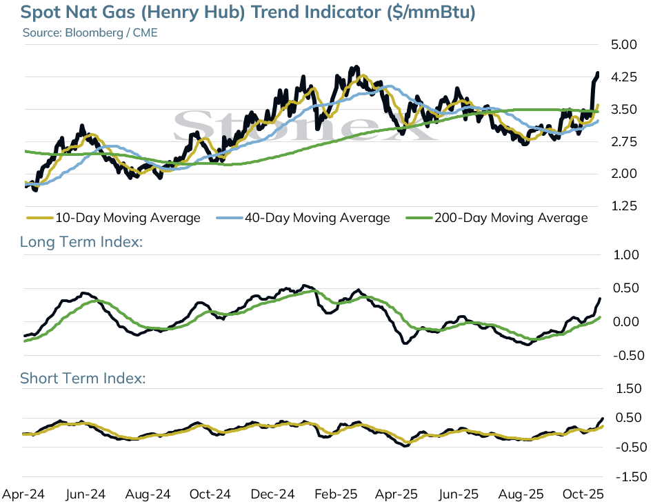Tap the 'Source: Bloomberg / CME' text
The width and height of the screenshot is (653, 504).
pyautogui.click(x=90, y=33)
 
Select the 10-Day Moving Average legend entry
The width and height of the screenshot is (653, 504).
pyautogui.click(x=113, y=218)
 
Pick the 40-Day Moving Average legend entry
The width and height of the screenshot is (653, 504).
pyautogui.click(x=303, y=218)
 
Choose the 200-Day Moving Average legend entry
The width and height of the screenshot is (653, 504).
pyautogui.click(x=497, y=218)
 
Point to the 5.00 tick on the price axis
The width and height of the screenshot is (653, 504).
pyautogui.click(x=624, y=45)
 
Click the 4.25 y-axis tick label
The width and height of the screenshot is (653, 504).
pyautogui.click(x=624, y=77)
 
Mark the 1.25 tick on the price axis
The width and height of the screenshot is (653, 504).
pyautogui.click(x=624, y=206)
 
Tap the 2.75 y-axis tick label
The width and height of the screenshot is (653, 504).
pyautogui.click(x=624, y=142)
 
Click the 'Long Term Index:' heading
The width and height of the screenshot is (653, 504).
pyautogui.click(x=81, y=242)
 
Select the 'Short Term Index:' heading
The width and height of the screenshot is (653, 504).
pyautogui.click(x=83, y=379)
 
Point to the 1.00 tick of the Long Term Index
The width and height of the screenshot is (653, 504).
pyautogui.click(x=626, y=255)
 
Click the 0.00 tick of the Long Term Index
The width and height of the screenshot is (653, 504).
pyautogui.click(x=626, y=322)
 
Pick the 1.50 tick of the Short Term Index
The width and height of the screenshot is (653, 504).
pyautogui.click(x=629, y=389)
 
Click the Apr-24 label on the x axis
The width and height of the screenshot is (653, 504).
pyautogui.click(x=23, y=494)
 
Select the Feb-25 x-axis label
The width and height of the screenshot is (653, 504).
pyautogui.click(x=336, y=494)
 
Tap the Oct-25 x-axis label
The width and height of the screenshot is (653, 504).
pyautogui.click(x=583, y=494)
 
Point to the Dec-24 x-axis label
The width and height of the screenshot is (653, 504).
pyautogui.click(x=273, y=494)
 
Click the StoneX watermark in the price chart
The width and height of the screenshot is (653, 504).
pyautogui.click(x=305, y=125)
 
